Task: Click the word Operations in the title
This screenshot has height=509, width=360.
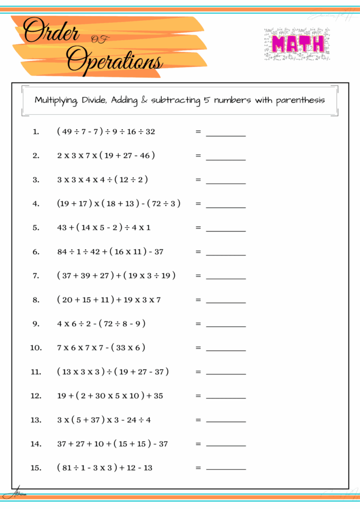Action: coord(115,60)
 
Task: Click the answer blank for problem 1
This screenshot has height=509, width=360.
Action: coord(226,134)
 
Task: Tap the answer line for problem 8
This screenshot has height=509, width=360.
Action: coord(226,302)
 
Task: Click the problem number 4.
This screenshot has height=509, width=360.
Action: coord(36,203)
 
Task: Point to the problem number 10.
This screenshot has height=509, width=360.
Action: coord(36,347)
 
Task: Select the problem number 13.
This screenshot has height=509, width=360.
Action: coord(36,420)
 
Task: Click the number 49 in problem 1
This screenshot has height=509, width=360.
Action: coord(68,132)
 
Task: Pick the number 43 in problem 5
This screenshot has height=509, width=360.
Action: coord(62,228)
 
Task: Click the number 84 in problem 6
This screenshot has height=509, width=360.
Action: coord(62,252)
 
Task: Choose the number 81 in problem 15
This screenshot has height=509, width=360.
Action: coord(68,468)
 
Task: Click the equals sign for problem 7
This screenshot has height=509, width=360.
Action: coord(198,275)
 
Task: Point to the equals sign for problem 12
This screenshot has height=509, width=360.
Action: coord(198,396)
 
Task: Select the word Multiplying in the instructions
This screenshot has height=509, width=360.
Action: coord(55,100)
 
